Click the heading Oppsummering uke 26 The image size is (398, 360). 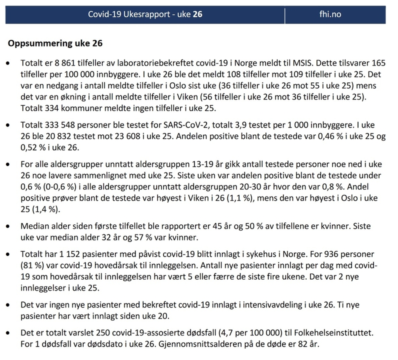click(x=55, y=43)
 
